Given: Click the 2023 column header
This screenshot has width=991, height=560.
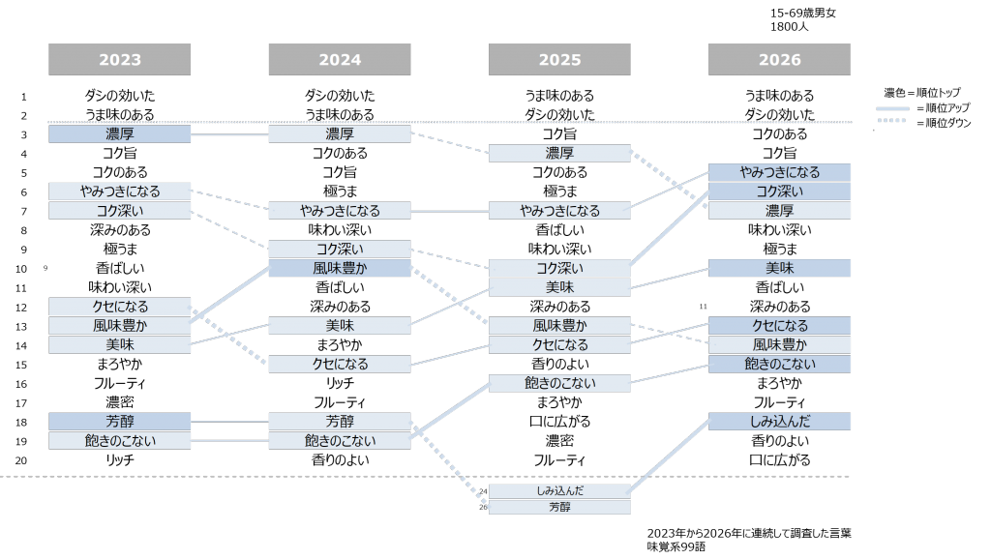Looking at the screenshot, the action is pos(119,59).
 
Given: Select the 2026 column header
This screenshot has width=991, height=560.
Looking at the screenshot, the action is pos(779,59).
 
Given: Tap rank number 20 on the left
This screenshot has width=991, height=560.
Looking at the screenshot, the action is pos(21,460).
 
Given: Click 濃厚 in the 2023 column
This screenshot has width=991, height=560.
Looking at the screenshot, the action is pos(119,133).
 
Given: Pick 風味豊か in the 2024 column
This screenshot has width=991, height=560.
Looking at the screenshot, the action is pos(340,268).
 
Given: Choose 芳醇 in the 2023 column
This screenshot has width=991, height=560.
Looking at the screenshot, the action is pos(119,421).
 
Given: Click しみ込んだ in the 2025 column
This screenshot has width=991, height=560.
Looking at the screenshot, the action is pos(559,490).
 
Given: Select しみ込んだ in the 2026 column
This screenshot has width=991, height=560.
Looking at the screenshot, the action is pos(779,421).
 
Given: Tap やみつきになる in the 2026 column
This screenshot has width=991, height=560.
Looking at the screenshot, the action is pos(779,172).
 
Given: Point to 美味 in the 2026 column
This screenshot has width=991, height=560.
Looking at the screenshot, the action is pos(779,268).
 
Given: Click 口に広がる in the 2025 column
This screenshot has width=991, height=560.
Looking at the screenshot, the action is pos(559,422).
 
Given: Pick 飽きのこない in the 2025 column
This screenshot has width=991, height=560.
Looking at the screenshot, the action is pos(559,383).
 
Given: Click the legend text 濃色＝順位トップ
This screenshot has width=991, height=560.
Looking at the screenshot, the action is pos(921,93).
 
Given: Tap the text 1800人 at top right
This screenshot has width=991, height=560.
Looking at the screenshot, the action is pos(789,26).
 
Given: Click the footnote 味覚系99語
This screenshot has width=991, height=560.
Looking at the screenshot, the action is pos(676,546).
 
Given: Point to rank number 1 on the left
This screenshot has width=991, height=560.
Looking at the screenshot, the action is pos(23,97).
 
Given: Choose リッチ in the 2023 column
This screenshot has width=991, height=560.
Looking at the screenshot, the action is pos(119,460).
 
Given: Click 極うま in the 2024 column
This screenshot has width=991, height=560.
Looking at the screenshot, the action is pos(340,192).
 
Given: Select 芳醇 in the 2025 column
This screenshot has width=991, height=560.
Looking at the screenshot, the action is pos(559,507).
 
